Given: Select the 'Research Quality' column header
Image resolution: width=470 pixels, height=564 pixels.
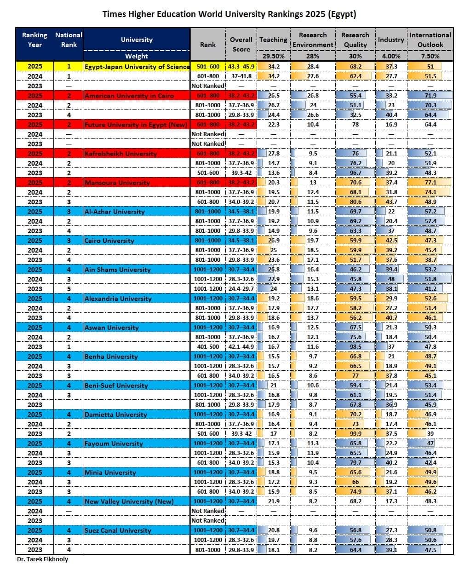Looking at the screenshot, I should (x=355, y=40).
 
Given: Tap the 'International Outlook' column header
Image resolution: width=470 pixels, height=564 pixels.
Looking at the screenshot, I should (x=430, y=40).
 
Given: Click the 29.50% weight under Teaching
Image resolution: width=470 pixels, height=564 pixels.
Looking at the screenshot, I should (x=274, y=56).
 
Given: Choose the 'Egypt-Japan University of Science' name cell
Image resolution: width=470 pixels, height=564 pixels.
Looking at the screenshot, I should (x=137, y=67).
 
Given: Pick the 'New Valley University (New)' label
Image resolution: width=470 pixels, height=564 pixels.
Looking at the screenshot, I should (x=129, y=501).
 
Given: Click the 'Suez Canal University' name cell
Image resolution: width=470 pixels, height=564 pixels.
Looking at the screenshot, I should (x=118, y=530).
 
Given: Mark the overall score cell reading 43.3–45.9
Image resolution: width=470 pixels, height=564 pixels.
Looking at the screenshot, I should (x=241, y=67).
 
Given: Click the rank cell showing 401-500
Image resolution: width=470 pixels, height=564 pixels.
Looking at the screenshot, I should (x=208, y=347).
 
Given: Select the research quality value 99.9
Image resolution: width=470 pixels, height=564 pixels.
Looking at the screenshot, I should (x=355, y=434).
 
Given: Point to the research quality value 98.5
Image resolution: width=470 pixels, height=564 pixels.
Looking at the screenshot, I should (x=355, y=347).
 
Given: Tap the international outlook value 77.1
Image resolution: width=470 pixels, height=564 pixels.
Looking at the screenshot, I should (x=430, y=183).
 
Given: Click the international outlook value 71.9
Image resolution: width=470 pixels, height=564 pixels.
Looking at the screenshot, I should (x=430, y=96).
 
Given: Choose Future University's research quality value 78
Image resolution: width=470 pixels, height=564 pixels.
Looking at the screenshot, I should (x=355, y=125).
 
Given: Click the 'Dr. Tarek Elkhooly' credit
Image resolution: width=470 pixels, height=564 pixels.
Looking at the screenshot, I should (x=42, y=559).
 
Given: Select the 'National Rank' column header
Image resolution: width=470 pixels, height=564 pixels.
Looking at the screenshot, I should (x=69, y=40).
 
